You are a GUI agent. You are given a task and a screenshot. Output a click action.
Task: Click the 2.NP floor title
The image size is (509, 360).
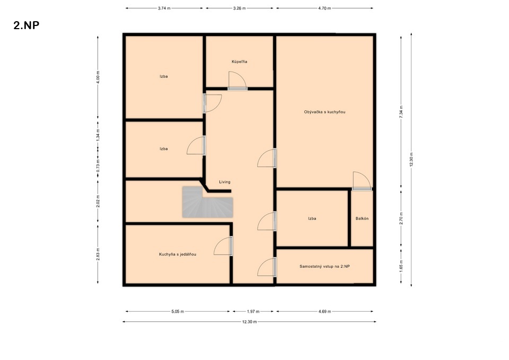pyautogui.click(x=27, y=25)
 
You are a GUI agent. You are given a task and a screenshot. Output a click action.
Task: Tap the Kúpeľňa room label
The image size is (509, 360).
pyautogui.click(x=239, y=62)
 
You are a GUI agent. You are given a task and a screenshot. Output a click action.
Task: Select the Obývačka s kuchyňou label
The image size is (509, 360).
pyautogui.click(x=324, y=112)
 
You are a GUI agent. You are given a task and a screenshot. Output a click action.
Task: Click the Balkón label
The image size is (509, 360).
pyautogui.click(x=362, y=218)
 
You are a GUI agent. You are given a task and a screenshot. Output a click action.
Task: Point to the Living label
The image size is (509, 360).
pyautogui.click(x=225, y=182)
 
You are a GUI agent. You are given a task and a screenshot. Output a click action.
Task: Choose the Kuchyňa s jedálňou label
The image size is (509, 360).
pyautogui.click(x=178, y=254)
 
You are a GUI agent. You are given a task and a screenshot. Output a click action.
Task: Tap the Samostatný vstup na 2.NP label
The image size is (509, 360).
pyautogui.click(x=324, y=267)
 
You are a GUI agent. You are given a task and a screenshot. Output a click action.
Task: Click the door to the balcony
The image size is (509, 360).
pyautogui.click(x=362, y=181)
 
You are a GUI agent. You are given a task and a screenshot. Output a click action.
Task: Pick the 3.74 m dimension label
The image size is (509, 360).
pyautogui.click(x=164, y=8)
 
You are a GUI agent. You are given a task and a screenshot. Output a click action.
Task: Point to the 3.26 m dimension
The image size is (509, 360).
pyautogui.click(x=239, y=8)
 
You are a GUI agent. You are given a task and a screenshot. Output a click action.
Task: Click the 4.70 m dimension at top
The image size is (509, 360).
pyautogui.click(x=324, y=8)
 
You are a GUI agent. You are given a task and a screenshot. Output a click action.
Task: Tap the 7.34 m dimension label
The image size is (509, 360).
pyautogui.click(x=401, y=112)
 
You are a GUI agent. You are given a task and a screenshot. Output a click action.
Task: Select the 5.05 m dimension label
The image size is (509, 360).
pyautogui.click(x=178, y=312)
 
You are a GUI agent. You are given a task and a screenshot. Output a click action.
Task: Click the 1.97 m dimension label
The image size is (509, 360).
pyautogui.click(x=253, y=312)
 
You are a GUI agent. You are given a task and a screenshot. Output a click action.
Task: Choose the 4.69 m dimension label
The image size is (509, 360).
pyautogui.click(x=324, y=312)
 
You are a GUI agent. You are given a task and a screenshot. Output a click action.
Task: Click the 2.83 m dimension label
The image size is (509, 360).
pyautogui.click(x=98, y=254)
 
